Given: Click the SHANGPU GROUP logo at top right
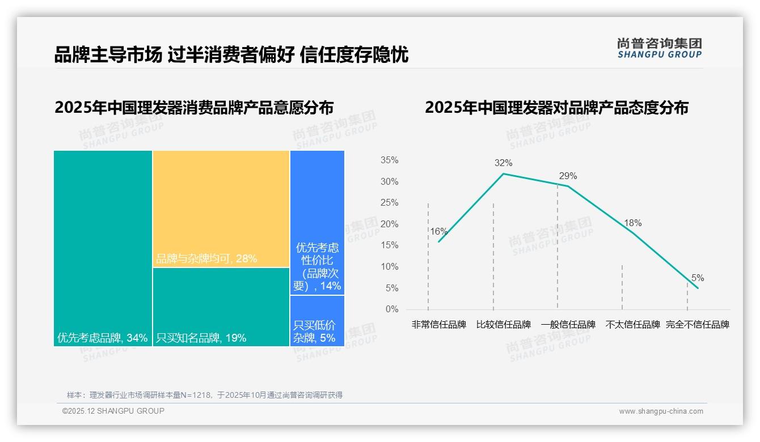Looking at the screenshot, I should pyautogui.click(x=659, y=48).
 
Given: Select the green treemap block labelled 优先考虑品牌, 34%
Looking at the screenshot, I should pyautogui.click(x=103, y=248).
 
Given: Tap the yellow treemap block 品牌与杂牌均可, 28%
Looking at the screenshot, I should pyautogui.click(x=221, y=209).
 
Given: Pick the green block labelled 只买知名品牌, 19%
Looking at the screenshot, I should pyautogui.click(x=221, y=307).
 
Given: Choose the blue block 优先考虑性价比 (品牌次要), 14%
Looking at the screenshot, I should pyautogui.click(x=317, y=223).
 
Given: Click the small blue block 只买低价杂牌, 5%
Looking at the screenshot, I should pyautogui.click(x=317, y=321).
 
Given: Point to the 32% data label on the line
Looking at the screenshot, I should pyautogui.click(x=503, y=163).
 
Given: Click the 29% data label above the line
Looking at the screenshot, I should pyautogui.click(x=568, y=176).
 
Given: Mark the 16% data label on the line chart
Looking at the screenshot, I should pyautogui.click(x=438, y=231).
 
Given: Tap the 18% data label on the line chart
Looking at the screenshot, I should pyautogui.click(x=632, y=223).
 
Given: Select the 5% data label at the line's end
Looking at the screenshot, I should pyautogui.click(x=697, y=278).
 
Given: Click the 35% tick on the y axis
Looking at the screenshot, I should pyautogui.click(x=389, y=160).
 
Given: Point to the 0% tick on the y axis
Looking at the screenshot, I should pyautogui.click(x=392, y=309).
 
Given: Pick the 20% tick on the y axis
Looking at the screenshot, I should pyautogui.click(x=389, y=224).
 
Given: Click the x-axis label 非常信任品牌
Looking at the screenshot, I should pyautogui.click(x=438, y=325).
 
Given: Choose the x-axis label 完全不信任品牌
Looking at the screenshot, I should pyautogui.click(x=697, y=325).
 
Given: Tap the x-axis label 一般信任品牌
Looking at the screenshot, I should pyautogui.click(x=568, y=325).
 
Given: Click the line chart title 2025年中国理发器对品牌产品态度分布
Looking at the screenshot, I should pyautogui.click(x=556, y=108).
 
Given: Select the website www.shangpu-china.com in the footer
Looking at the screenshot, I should pyautogui.click(x=661, y=411).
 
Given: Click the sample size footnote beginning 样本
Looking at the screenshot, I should pyautogui.click(x=205, y=395).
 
